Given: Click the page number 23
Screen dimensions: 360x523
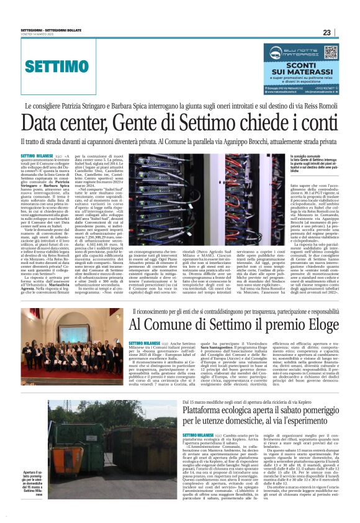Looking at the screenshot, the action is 344,33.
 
